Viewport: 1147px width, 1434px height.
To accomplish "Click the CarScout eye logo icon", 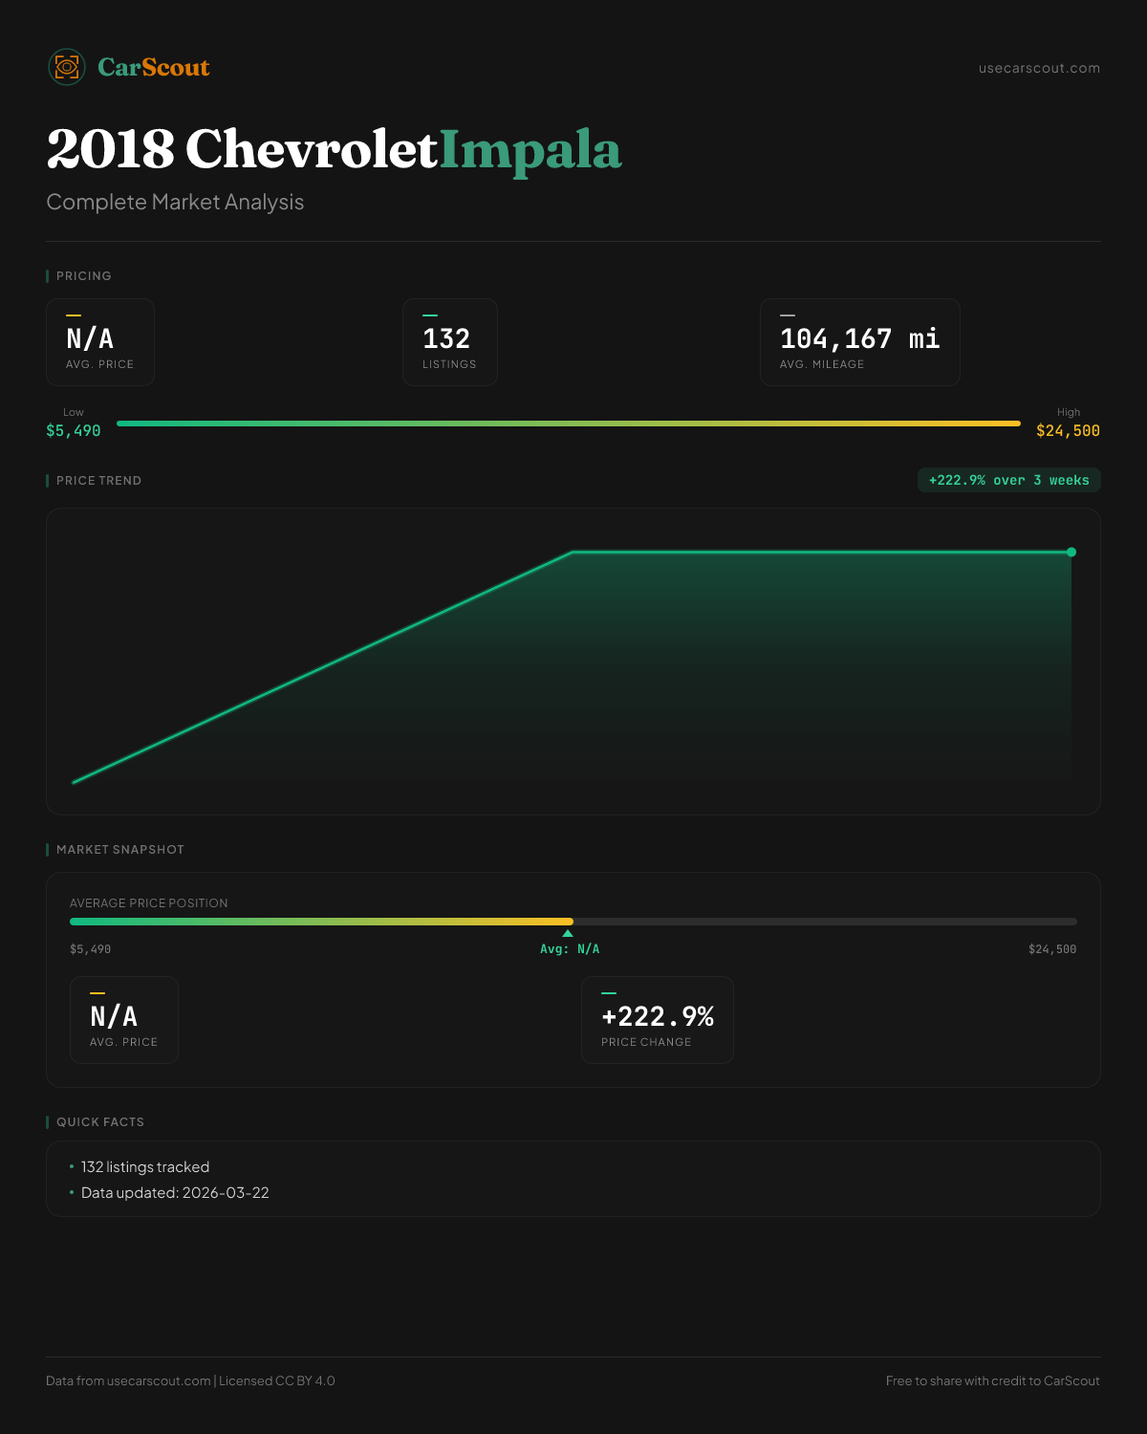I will tap(67, 67).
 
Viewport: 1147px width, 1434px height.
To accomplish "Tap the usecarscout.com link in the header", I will tap(1039, 68).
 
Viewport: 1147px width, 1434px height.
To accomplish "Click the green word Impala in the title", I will tap(530, 150).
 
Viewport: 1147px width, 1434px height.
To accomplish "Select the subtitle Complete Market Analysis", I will tap(175, 203).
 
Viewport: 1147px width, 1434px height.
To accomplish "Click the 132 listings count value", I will tap(446, 339).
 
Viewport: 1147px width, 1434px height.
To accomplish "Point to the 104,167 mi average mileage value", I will tap(859, 339).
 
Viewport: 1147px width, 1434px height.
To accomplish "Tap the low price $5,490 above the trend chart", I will tap(74, 431).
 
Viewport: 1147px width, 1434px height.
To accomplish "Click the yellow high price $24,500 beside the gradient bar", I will tap(1068, 431).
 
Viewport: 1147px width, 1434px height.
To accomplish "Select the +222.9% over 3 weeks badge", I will tap(1008, 480).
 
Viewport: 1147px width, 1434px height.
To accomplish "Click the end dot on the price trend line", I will tap(1071, 552).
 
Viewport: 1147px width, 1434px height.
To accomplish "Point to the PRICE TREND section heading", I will tap(98, 481).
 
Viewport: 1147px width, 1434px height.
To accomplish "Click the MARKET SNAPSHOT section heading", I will tap(119, 850).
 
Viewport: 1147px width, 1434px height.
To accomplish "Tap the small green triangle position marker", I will tap(568, 933).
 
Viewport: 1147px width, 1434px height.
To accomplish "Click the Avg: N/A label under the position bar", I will tap(570, 949).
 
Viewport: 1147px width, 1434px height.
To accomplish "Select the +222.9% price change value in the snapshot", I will tap(658, 1016).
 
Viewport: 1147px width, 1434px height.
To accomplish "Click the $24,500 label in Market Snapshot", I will tap(1051, 949).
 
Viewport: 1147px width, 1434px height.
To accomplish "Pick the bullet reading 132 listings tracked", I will tap(145, 1167).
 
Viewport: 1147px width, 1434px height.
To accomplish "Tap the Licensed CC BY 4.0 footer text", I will tap(277, 1380).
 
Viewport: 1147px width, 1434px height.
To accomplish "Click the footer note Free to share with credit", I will tap(992, 1380).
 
